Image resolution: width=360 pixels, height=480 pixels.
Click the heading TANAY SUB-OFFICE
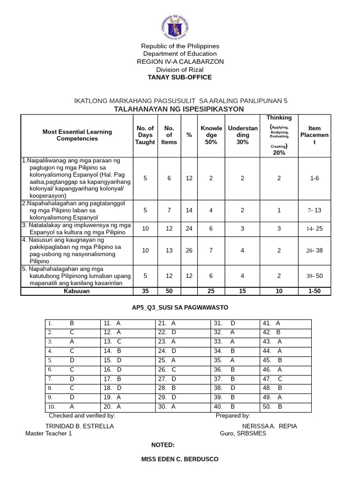click(180, 77)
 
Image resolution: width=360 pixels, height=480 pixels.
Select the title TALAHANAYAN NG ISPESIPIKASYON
click(179, 109)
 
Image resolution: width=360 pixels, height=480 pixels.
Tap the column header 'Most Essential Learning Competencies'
click(77, 135)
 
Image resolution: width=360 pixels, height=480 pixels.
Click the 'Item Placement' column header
click(315, 135)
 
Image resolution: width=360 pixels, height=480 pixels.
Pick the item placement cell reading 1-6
click(315, 178)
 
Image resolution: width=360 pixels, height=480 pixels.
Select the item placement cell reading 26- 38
click(315, 250)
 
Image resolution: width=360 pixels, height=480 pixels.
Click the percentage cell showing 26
click(189, 250)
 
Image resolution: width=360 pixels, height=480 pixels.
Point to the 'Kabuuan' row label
click(77, 292)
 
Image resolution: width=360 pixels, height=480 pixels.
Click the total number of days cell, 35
click(145, 292)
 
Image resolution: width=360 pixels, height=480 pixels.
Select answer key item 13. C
click(113, 341)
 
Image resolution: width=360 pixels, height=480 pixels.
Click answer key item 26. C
click(167, 369)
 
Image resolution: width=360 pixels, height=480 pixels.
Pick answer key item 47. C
click(273, 378)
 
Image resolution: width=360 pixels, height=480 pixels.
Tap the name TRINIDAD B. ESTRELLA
click(79, 426)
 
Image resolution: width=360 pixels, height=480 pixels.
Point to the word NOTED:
click(163, 445)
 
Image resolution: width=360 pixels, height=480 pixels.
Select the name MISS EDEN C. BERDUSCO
click(180, 459)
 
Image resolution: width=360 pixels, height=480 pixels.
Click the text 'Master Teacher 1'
click(49, 434)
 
